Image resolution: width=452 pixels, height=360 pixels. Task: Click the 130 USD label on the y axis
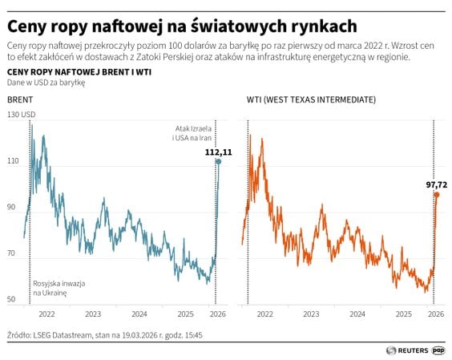pyautogui.click(x=21, y=115)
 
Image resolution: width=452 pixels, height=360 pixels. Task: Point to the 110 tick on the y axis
pyautogui.click(x=13, y=161)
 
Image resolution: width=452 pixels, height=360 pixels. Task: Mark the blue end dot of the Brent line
pyautogui.click(x=218, y=162)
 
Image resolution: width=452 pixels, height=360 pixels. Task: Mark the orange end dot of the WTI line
pyautogui.click(x=436, y=195)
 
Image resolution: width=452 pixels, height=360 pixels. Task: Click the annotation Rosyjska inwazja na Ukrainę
pyautogui.click(x=59, y=289)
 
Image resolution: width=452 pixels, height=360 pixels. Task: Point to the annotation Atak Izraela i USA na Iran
pyautogui.click(x=193, y=132)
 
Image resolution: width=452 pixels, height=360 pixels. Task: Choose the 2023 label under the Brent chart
pyautogui.click(x=93, y=314)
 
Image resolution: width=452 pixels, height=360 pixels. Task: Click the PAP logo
pyautogui.click(x=439, y=350)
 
